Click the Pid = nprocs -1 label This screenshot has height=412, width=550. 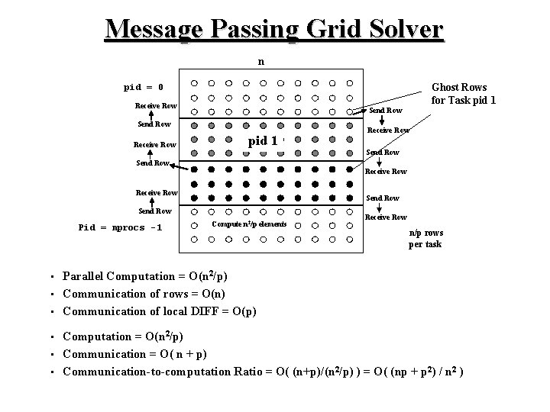tap(121, 227)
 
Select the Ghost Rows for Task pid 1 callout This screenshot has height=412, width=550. tap(459, 94)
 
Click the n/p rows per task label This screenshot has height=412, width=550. tap(425, 239)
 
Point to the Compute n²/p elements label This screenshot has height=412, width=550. tap(250, 224)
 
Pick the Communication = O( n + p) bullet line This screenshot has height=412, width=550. tap(134, 354)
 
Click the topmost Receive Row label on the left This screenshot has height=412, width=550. tap(156, 105)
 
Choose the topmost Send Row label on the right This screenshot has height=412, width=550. tap(386, 111)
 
